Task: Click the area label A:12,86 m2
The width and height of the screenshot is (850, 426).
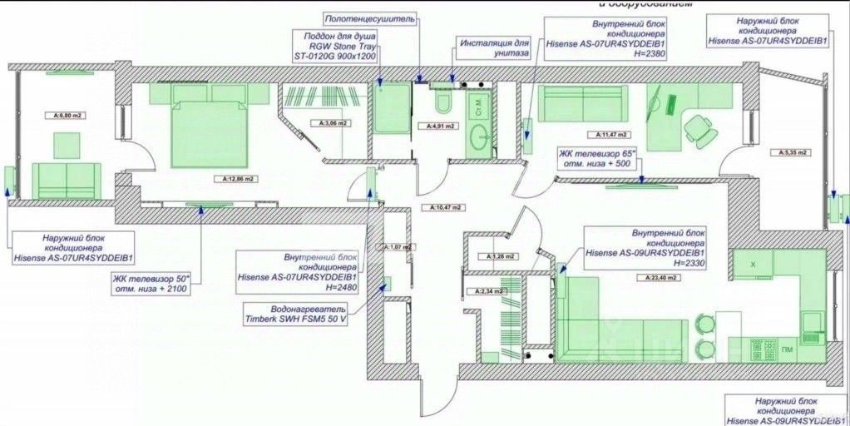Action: [x=239, y=179]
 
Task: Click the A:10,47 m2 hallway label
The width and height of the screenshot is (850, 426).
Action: [x=446, y=206]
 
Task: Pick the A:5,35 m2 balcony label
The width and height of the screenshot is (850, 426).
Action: [x=791, y=152]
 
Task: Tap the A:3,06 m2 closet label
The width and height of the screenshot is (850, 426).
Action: [x=334, y=123]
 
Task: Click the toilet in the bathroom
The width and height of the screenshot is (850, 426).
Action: [x=442, y=102]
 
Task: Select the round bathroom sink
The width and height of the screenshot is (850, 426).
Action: [x=479, y=137]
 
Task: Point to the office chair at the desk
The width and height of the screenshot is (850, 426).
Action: [x=699, y=130]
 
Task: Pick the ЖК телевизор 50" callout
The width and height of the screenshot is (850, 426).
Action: [x=151, y=283]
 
